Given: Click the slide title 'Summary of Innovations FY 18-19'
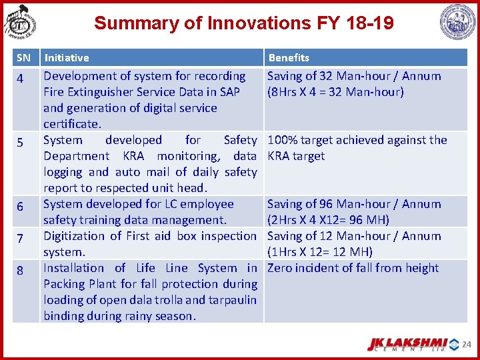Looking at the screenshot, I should [243, 23].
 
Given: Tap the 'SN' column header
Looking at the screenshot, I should [23, 58].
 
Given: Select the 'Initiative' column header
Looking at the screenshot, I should [67, 58].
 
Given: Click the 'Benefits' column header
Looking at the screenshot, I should [289, 58].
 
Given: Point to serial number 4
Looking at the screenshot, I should [21, 79].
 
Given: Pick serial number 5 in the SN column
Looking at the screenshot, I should [21, 143].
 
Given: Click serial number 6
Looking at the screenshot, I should [21, 207].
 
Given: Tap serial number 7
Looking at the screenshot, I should [21, 239].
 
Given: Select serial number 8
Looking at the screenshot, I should [21, 271].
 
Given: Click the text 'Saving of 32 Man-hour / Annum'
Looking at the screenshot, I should [354, 76].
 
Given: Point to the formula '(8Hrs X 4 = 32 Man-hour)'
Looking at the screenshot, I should [335, 92].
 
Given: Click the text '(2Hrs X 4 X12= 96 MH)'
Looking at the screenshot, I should [328, 220].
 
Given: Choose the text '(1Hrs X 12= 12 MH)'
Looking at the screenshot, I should [319, 252].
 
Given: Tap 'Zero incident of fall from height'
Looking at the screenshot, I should [353, 268].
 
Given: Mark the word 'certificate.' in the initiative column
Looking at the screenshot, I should [73, 124].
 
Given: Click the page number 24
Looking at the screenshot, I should [467, 345].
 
